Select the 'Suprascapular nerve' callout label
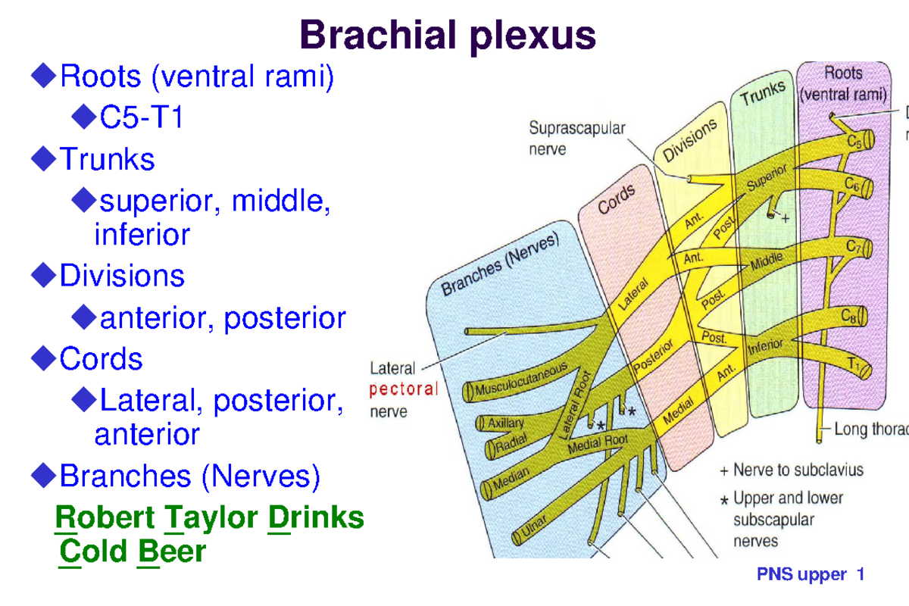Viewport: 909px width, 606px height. tap(576, 139)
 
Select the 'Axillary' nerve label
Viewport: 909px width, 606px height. tap(505, 425)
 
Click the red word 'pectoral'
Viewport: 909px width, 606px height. tap(404, 390)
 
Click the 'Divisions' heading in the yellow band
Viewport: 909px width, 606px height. tap(690, 143)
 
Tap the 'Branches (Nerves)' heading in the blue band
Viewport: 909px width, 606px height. tap(500, 264)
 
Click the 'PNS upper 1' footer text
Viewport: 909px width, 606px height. tap(811, 575)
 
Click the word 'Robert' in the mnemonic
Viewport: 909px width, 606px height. tap(103, 518)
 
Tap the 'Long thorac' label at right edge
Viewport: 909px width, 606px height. tap(870, 430)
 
